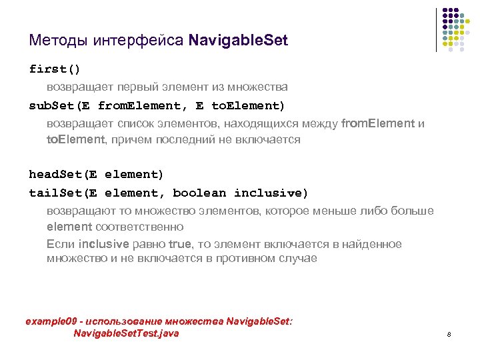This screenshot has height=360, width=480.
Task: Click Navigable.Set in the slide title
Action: (238, 41)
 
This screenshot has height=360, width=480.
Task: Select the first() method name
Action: (55, 69)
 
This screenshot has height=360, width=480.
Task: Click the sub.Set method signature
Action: (157, 105)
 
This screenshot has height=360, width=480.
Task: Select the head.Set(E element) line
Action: (96, 175)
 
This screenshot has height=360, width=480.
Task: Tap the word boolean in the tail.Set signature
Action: (199, 193)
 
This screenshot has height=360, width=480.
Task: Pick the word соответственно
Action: (138, 227)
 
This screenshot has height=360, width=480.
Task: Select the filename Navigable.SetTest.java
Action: (126, 333)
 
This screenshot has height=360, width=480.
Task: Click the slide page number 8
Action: (449, 334)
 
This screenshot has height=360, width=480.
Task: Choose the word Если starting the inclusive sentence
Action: (61, 245)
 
